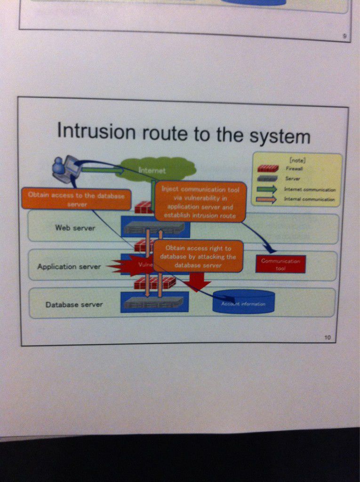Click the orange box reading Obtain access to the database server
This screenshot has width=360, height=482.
(x=76, y=199)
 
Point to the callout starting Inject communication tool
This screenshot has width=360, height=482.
(x=200, y=202)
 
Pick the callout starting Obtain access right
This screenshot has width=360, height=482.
(x=198, y=256)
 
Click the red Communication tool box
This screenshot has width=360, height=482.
(x=280, y=264)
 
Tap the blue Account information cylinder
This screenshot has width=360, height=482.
(x=243, y=302)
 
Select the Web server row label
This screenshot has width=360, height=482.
(x=75, y=228)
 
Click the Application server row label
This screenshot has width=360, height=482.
(x=69, y=266)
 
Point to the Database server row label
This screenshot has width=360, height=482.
(x=74, y=305)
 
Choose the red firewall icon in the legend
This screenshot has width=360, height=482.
(x=268, y=169)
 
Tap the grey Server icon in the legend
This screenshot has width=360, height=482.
(x=268, y=179)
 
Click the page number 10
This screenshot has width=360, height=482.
(x=328, y=337)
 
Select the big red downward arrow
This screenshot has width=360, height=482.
(x=197, y=283)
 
